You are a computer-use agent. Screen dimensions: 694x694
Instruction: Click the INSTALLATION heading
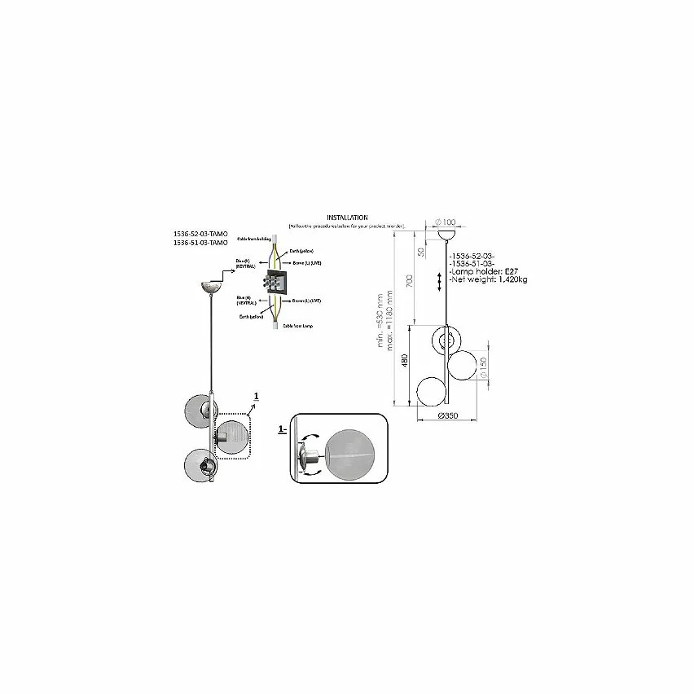347,217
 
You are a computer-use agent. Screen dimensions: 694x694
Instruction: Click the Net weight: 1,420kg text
488,279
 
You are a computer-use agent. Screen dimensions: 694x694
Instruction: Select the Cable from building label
254,239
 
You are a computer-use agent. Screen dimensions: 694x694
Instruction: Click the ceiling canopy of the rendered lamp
213,288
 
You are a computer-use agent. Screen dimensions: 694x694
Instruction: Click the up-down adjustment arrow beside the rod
441,280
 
